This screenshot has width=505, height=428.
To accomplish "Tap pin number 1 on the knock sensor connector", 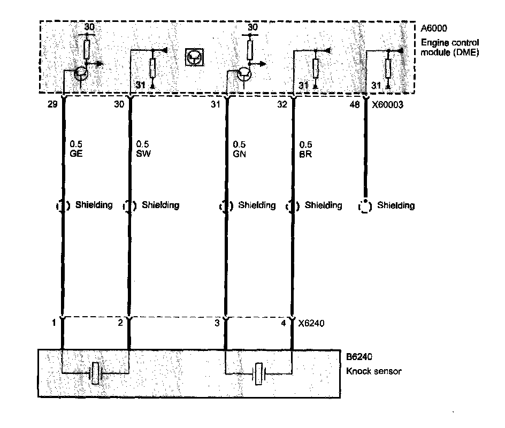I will click(x=54, y=323).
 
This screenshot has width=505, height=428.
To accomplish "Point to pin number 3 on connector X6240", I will click(x=216, y=323).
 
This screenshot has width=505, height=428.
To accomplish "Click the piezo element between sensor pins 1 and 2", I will click(x=96, y=373).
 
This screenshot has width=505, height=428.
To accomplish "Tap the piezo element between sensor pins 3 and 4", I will click(x=259, y=373).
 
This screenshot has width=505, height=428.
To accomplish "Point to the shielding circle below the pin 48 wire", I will click(x=365, y=205).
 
